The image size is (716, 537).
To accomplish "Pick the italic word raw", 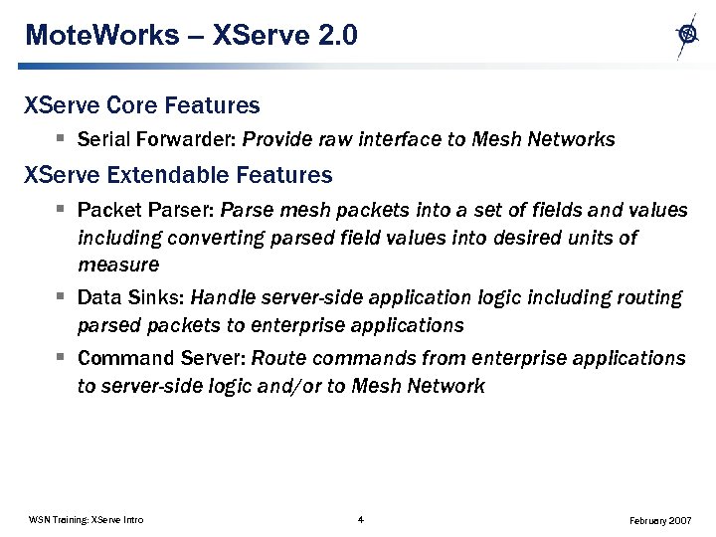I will coord(330,140).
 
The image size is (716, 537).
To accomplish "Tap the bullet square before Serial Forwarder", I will coord(61,139).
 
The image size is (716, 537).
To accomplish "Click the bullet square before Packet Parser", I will coord(61,210).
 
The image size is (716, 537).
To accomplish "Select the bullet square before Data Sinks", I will coord(61,296).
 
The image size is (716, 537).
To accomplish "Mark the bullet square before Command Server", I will coord(61,357).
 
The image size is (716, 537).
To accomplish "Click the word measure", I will coord(117,266).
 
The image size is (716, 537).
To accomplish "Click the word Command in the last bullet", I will coord(123,358).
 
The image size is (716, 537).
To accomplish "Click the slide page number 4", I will coord(360,519).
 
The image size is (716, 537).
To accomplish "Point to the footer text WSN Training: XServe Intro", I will coord(86,520).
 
